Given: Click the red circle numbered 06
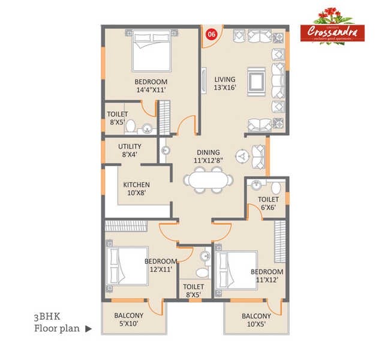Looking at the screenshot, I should [x=210, y=34].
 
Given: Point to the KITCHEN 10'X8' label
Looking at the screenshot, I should [x=137, y=189].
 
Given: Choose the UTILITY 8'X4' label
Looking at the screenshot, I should [x=130, y=151].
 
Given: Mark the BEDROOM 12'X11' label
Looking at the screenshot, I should [x=160, y=265].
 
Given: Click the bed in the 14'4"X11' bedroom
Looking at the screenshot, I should [x=152, y=52].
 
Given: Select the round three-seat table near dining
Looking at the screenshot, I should [x=240, y=155].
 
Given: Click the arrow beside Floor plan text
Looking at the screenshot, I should [x=89, y=329].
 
